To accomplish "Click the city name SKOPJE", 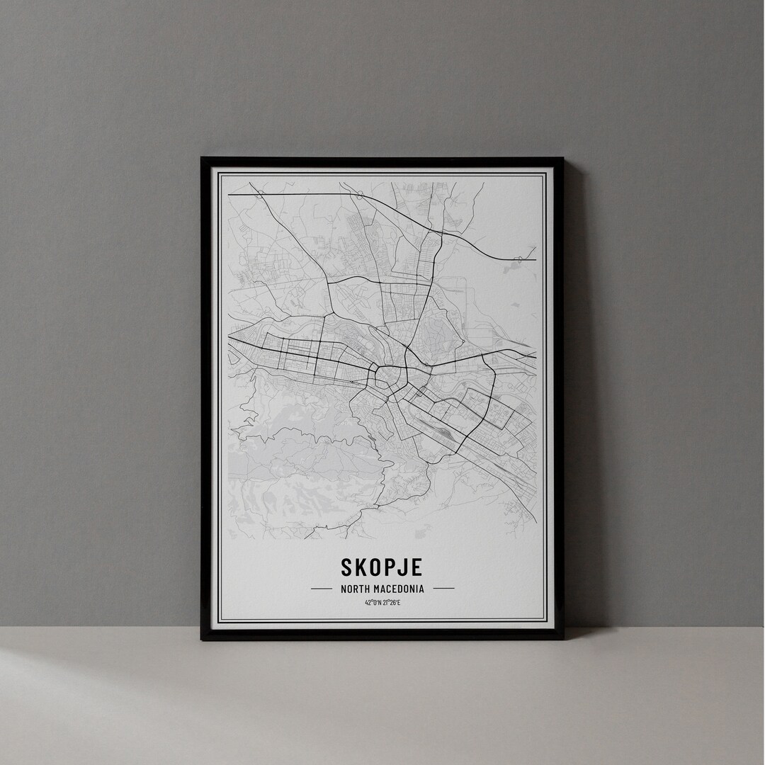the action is (382, 567).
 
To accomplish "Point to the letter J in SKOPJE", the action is (403, 567).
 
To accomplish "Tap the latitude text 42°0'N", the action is (373, 603).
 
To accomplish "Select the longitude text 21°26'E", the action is (392, 603).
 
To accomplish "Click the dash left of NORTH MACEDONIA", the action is (321, 588).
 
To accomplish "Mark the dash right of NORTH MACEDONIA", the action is (443, 588).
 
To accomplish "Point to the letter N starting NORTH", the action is (343, 588).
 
